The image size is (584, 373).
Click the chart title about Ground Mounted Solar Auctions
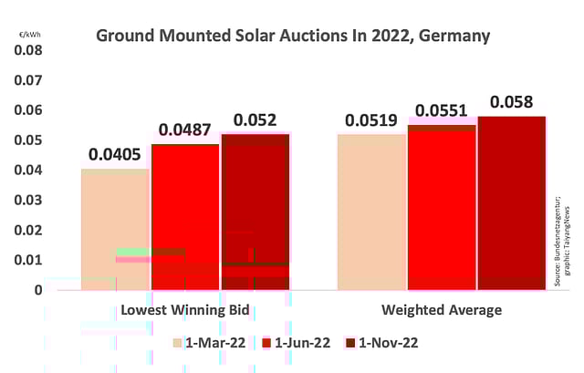(293, 37)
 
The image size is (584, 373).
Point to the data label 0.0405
(114, 154)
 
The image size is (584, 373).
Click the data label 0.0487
(185, 131)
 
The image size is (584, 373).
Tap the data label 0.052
(255, 120)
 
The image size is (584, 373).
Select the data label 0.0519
(371, 120)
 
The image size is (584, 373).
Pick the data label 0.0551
(442, 111)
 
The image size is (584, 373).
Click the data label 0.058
(511, 102)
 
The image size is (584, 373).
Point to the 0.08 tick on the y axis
(27, 50)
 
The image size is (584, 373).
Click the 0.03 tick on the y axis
(27, 201)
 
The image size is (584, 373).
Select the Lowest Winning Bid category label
(185, 310)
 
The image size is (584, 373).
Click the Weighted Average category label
(442, 310)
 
